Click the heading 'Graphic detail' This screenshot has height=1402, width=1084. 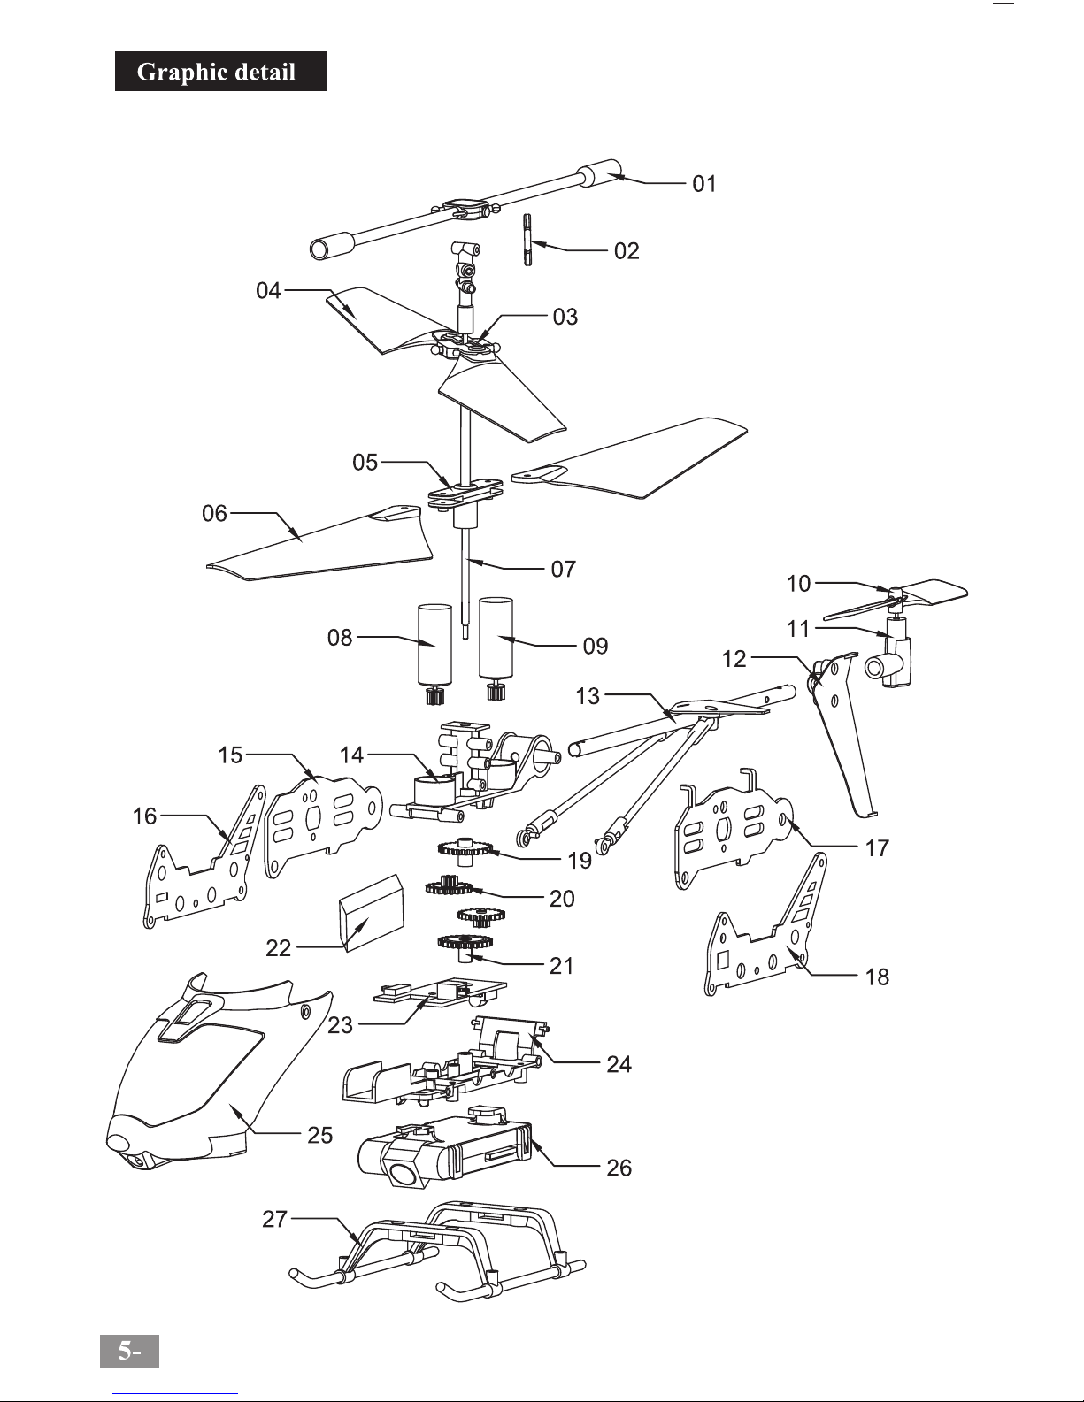(216, 72)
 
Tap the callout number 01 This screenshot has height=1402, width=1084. (704, 184)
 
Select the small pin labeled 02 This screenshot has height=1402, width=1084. (527, 240)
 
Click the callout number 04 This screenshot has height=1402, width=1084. (268, 290)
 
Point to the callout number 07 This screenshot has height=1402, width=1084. (563, 569)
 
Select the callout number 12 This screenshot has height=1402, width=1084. (734, 659)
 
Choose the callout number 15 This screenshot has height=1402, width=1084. (230, 755)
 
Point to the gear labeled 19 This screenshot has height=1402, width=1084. (465, 850)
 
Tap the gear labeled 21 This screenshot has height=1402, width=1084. (464, 946)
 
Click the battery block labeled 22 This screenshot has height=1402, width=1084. (372, 912)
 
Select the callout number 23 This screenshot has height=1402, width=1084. (340, 1025)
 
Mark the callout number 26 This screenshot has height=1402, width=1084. (619, 1168)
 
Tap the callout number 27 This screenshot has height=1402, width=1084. (274, 1220)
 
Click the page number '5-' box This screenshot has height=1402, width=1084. (129, 1351)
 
